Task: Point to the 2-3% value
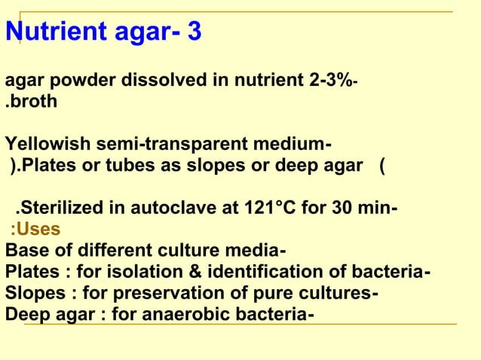pos(329,81)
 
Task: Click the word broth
pos(35,101)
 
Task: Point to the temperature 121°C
pos(282,209)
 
